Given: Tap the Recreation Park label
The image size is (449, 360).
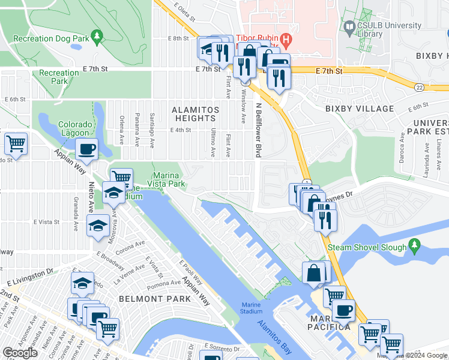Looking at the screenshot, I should click(x=59, y=77).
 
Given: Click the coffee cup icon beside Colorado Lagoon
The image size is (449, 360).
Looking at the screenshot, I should click(x=87, y=149).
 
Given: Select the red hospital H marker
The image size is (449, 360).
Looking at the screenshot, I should click(x=286, y=41).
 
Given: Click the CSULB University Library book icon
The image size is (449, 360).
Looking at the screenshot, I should click(x=350, y=26).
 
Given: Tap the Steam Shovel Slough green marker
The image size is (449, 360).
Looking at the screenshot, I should click(x=414, y=246).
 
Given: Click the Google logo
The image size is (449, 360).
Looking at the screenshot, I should click(x=20, y=353).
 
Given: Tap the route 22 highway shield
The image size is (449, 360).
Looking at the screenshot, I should click(x=418, y=88).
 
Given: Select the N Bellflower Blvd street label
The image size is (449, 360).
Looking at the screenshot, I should click(x=259, y=129).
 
